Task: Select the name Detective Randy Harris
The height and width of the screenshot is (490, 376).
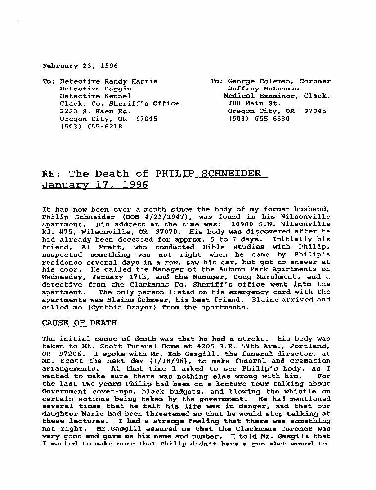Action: [108, 81]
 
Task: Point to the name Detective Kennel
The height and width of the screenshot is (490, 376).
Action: [95, 96]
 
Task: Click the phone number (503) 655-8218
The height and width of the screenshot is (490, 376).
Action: [91, 126]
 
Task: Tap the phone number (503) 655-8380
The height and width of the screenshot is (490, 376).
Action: [259, 119]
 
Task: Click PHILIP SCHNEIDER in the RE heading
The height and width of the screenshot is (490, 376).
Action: [208, 174]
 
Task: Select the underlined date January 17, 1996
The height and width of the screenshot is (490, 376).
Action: [94, 185]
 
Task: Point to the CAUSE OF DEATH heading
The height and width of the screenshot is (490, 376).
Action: [79, 323]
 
